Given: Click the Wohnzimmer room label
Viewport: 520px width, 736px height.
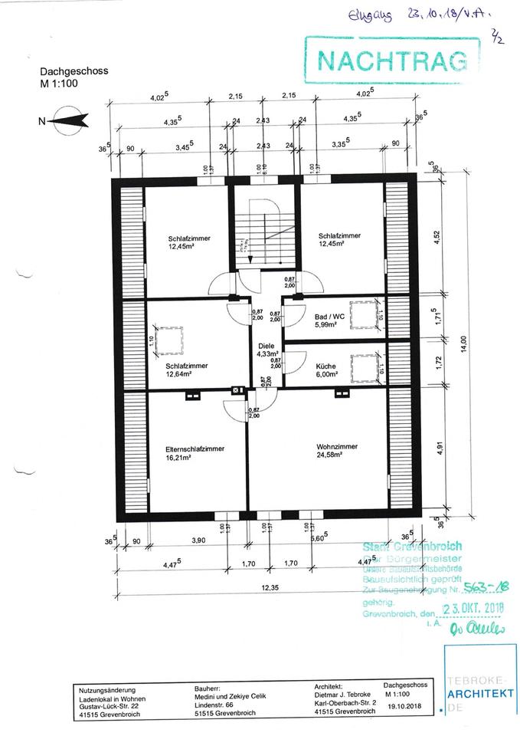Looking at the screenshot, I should click(332, 446).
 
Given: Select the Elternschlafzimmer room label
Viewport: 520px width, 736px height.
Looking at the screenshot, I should click(195, 449).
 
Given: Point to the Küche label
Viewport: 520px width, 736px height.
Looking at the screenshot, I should click(325, 366).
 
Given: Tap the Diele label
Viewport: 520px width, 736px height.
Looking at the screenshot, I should click(266, 345).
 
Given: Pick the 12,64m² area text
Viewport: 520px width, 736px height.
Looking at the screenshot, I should click(181, 375).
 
